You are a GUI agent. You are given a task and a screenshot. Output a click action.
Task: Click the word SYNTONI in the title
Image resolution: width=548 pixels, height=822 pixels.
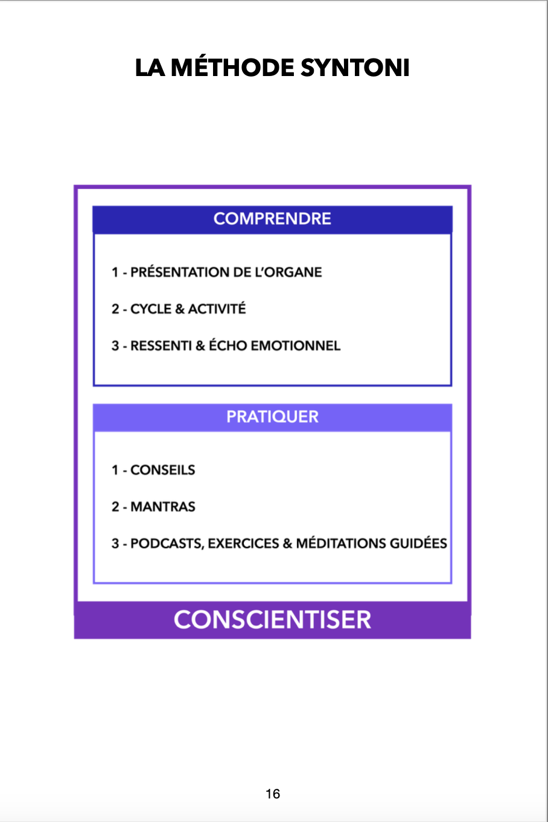coord(354,68)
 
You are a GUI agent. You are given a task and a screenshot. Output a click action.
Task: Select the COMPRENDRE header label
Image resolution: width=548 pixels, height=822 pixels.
coord(272,218)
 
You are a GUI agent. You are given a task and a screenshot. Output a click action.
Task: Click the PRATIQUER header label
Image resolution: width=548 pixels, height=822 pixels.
coord(272,416)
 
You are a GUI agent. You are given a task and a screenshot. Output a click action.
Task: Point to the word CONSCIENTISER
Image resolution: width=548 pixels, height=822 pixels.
coord(272,620)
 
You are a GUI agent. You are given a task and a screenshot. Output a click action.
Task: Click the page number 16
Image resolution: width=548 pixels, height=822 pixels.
coord(273,794)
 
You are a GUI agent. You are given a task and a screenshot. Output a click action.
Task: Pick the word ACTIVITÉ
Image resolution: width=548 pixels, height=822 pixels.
coord(217,308)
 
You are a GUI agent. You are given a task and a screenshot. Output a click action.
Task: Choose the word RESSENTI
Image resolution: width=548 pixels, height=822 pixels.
coord(161,346)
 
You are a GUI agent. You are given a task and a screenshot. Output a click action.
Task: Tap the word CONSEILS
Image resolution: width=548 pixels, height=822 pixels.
coord(162,470)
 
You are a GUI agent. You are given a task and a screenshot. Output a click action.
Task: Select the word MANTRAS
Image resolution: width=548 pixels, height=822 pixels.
coord(163,507)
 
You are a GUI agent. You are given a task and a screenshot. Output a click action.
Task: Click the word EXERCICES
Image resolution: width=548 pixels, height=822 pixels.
coord(243,544)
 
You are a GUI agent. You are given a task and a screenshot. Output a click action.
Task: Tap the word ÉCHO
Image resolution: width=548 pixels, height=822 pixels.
coord(228,345)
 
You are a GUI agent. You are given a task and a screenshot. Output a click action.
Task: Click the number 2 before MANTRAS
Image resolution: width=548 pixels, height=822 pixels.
coord(115,507)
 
